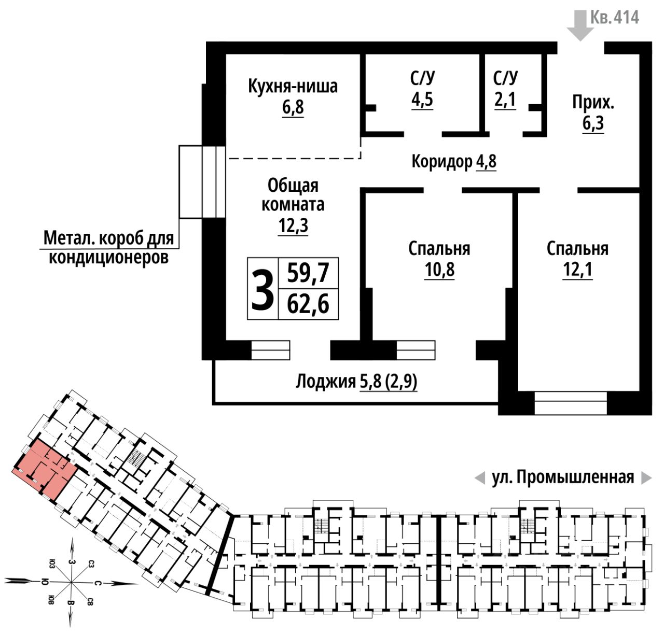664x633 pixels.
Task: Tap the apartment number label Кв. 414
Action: [x=615, y=18]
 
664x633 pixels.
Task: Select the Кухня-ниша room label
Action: [x=293, y=86]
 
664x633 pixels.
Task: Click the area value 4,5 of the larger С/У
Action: [x=422, y=100]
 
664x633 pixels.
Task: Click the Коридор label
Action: [x=441, y=161]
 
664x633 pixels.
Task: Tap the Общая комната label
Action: [x=293, y=194]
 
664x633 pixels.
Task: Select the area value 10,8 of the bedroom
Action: [x=439, y=270]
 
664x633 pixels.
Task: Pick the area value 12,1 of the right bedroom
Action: [x=577, y=270]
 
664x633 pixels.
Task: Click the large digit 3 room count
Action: [x=262, y=289]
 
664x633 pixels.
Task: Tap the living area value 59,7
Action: [x=308, y=272]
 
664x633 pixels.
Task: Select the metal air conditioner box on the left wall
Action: [x=202, y=181]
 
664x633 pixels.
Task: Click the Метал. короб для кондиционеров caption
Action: [x=108, y=247]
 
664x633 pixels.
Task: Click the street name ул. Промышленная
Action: [x=563, y=477]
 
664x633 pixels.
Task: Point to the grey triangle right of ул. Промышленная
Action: [x=646, y=477]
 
